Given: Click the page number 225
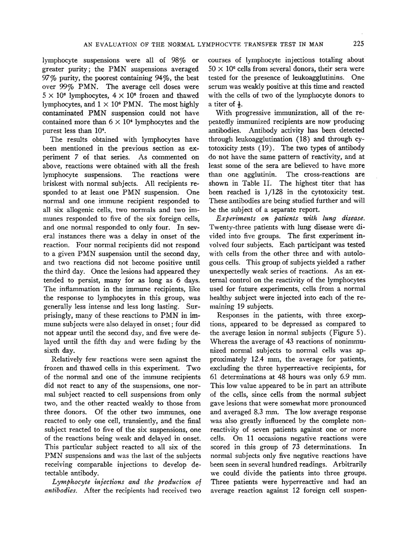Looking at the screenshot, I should tap(359, 43).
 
